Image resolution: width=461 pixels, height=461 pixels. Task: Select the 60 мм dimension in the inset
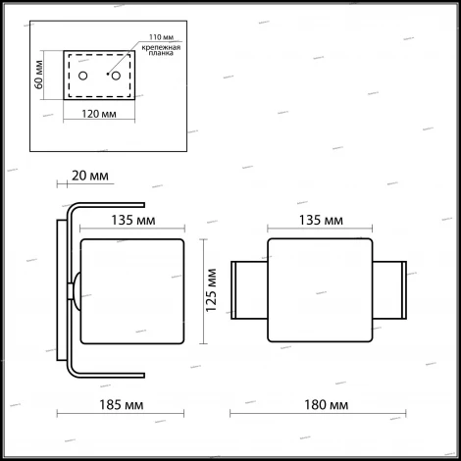click(x=38, y=75)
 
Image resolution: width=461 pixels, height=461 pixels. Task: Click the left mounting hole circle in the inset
click(x=83, y=76)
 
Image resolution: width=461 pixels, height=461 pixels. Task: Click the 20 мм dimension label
click(x=90, y=177)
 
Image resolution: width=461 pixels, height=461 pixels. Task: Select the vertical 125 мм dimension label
click(x=207, y=290)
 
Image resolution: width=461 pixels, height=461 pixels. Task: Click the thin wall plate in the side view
click(x=59, y=290)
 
